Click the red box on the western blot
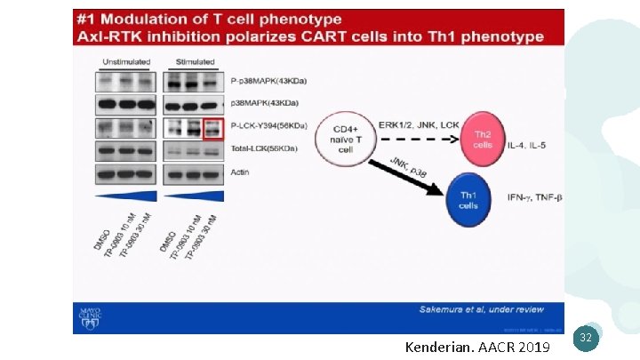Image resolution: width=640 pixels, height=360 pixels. coord(212,127)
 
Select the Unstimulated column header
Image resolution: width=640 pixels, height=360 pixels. coord(125,62)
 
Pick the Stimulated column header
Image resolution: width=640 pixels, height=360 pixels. coord(196,62)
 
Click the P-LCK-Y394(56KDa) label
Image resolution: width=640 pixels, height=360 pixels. coord(267,125)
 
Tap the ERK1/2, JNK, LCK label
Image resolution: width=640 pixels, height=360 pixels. coord(418,124)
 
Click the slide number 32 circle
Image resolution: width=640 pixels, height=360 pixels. coord(585,337)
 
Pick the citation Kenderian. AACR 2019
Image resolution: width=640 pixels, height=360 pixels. coord(477,344)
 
